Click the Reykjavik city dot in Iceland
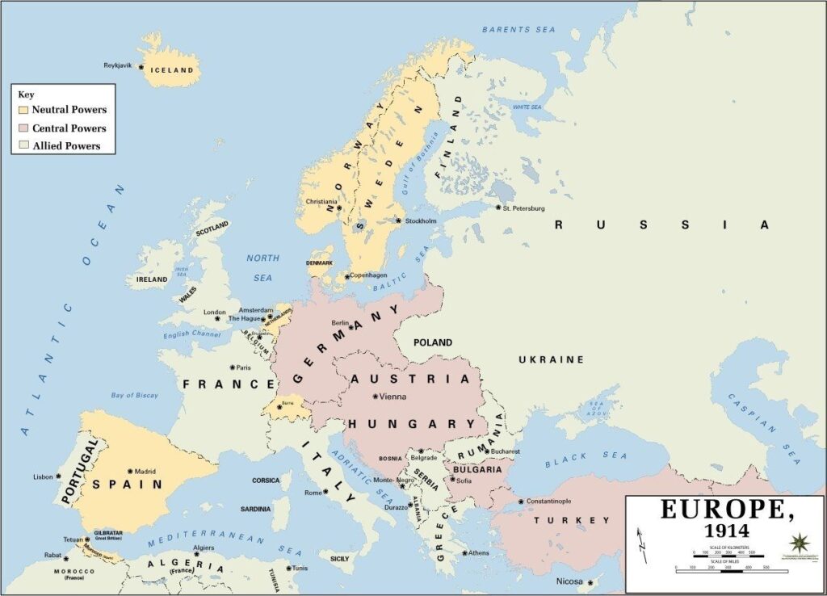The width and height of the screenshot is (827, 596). point(141,66)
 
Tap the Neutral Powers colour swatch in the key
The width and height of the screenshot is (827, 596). point(23,110)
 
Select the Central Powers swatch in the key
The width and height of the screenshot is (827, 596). point(23,128)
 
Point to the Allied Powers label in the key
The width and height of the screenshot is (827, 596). point(66,146)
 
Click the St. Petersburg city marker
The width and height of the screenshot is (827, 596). point(498,207)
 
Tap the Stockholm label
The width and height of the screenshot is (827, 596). point(421,220)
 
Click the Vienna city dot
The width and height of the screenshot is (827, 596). point(375,396)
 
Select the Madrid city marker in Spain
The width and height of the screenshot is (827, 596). point(130,471)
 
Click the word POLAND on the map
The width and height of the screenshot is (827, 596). point(433,342)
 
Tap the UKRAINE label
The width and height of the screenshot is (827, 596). point(551,359)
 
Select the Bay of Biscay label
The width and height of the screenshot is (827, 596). point(134,395)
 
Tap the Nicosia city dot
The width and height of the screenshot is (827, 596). point(590,581)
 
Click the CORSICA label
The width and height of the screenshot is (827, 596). point(266,481)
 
